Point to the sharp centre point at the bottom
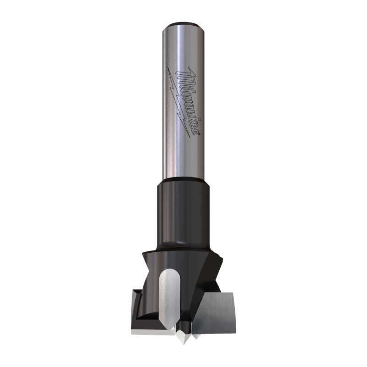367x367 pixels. (x=182, y=336)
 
